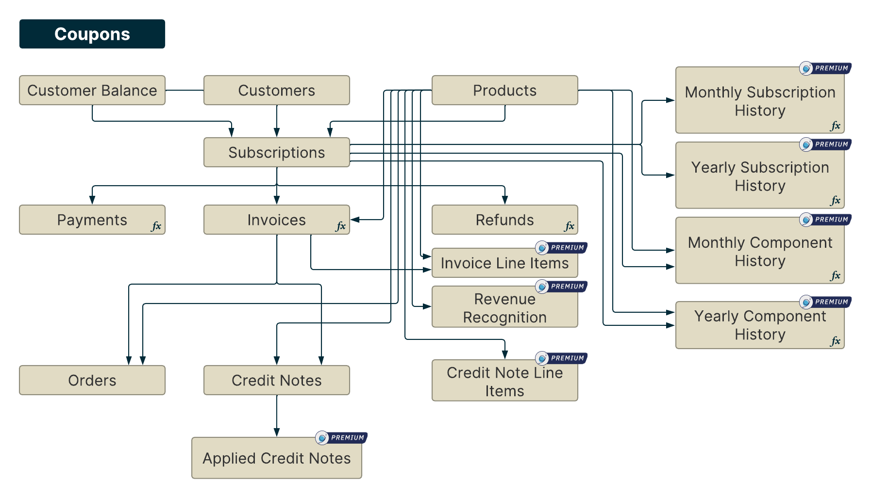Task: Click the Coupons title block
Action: pyautogui.click(x=92, y=34)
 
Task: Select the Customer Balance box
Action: pyautogui.click(x=92, y=90)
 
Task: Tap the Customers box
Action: pyautogui.click(x=277, y=90)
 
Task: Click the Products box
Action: pyautogui.click(x=505, y=90)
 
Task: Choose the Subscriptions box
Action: pyautogui.click(x=277, y=152)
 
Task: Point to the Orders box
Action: pyautogui.click(x=92, y=380)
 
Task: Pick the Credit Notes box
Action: pyautogui.click(x=277, y=380)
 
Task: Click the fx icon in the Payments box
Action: pyautogui.click(x=156, y=226)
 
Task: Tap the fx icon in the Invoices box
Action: pyautogui.click(x=341, y=226)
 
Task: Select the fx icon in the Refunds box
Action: pyautogui.click(x=569, y=226)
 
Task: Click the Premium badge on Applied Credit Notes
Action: pyautogui.click(x=342, y=438)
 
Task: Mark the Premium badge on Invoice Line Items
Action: pyautogui.click(x=562, y=248)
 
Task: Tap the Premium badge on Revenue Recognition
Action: pyautogui.click(x=562, y=287)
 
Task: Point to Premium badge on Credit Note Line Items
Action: pyautogui.click(x=562, y=358)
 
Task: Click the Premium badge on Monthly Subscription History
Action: pyautogui.click(x=826, y=68)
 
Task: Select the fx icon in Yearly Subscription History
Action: pyautogui.click(x=835, y=200)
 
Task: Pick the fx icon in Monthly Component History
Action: pyautogui.click(x=835, y=275)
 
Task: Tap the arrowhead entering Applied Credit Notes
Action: pyautogui.click(x=277, y=433)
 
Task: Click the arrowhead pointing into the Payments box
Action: pyautogui.click(x=92, y=200)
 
